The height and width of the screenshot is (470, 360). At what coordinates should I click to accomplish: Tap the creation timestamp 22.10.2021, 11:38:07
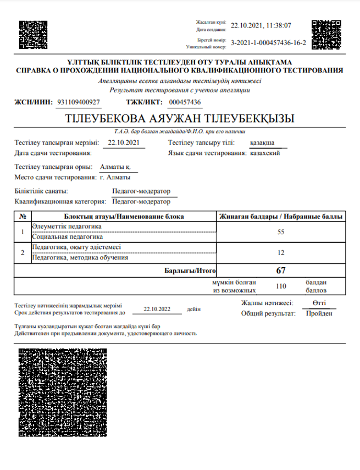point(261,25)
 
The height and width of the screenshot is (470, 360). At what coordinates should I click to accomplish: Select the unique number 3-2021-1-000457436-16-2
point(268,42)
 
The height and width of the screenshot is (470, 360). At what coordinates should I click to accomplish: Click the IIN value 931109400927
point(79,102)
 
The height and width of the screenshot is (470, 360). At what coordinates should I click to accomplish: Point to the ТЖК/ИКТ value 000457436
point(185,102)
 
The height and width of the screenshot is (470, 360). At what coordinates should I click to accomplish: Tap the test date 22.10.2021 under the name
point(126,143)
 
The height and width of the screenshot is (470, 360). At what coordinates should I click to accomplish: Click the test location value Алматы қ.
point(115,167)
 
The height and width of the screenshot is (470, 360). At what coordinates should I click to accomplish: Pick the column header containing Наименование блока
point(124,217)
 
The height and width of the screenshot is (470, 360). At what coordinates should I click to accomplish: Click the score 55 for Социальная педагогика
point(280,232)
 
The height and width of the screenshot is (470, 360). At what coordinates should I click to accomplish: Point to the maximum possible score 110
point(280,285)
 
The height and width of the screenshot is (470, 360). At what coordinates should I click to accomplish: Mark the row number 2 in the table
point(22,252)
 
